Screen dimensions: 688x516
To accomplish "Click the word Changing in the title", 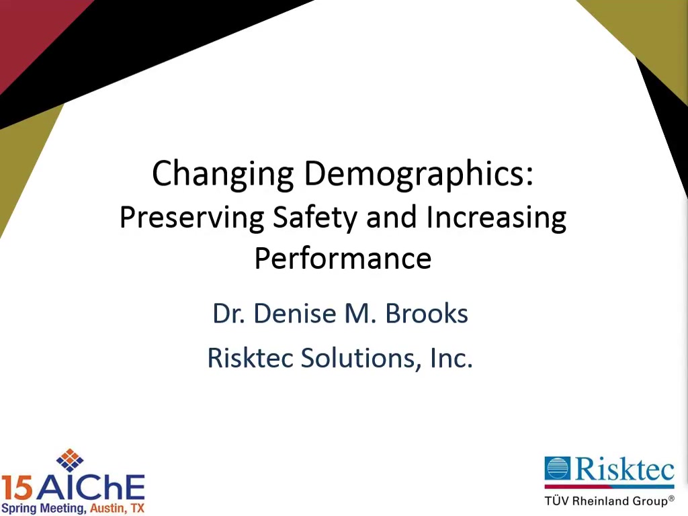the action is [x=222, y=174].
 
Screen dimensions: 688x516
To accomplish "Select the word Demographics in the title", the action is [x=419, y=174].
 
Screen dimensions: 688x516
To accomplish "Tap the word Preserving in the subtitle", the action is [x=191, y=218].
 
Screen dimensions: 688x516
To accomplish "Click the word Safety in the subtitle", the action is [x=315, y=218].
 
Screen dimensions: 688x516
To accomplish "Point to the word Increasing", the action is [x=497, y=218].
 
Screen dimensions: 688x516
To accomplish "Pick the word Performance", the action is [x=343, y=258].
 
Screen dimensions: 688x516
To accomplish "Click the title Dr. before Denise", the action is [x=228, y=313].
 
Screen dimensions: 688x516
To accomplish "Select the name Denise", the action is [x=295, y=313].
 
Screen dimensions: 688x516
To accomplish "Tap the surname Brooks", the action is [x=427, y=313].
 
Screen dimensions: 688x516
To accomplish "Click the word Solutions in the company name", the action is [x=358, y=357].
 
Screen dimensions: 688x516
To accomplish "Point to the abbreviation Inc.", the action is [x=451, y=357].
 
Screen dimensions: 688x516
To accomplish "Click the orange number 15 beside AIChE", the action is [x=17, y=488].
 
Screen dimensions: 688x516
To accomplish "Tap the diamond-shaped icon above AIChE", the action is [x=70, y=460].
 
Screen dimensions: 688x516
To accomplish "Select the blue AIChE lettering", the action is [x=91, y=488].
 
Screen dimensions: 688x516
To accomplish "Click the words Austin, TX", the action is [x=117, y=508].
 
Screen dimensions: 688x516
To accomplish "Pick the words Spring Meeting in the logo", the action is [x=44, y=509].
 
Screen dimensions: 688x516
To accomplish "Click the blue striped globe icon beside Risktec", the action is [x=557, y=468].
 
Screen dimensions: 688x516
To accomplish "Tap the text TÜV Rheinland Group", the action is [x=609, y=500].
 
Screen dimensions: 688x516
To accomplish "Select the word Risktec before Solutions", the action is [x=250, y=357].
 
